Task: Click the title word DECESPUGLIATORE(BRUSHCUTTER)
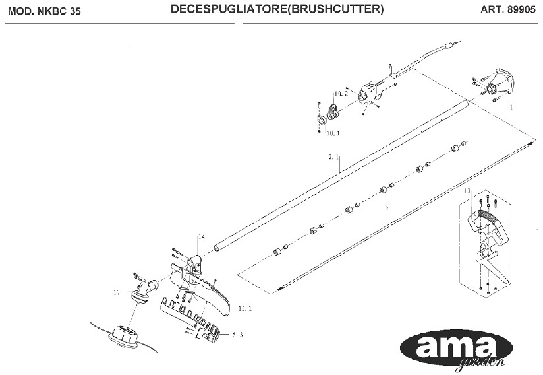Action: pyautogui.click(x=277, y=11)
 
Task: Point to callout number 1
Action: pyautogui.click(x=513, y=105)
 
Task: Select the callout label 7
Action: pyautogui.click(x=389, y=67)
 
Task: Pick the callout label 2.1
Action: pyautogui.click(x=333, y=158)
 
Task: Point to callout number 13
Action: pyautogui.click(x=467, y=191)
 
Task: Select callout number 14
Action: pyautogui.click(x=202, y=236)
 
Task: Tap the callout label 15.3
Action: pyautogui.click(x=237, y=335)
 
